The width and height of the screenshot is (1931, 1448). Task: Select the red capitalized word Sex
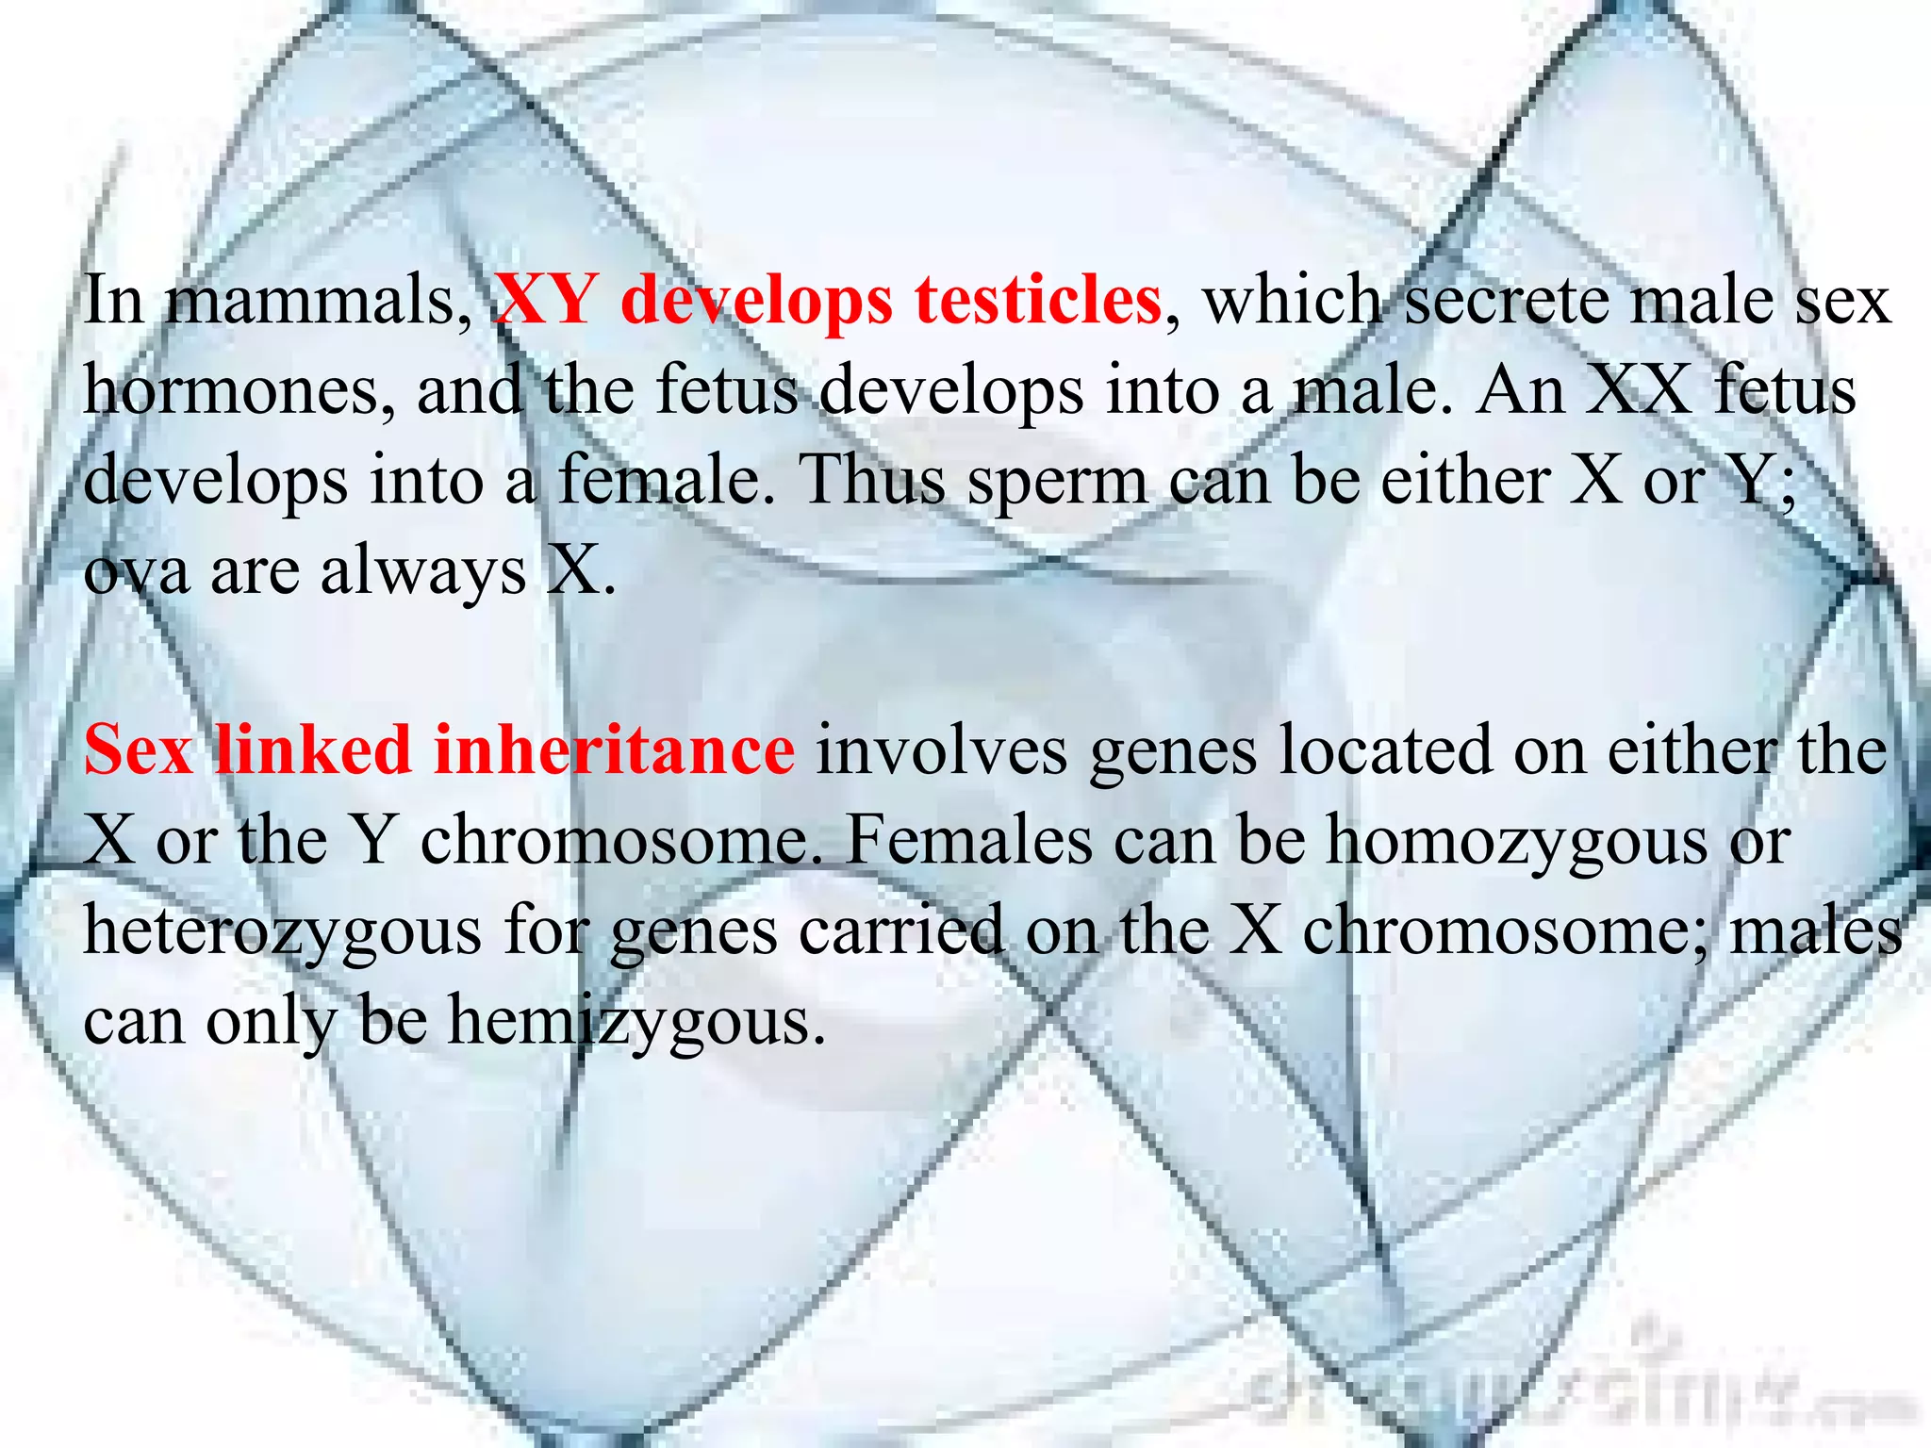[x=139, y=750]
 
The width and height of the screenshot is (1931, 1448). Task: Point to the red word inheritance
[x=614, y=750]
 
